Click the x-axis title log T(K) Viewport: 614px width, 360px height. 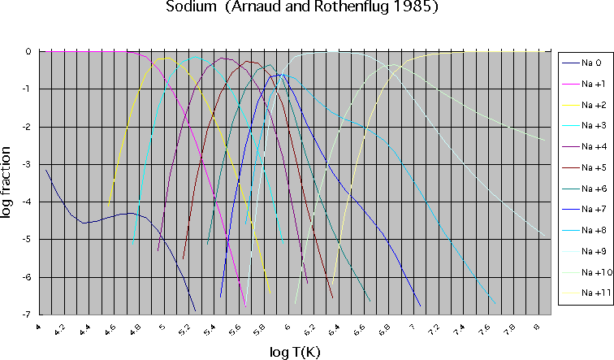pos(295,350)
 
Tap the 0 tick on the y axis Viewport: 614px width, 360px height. pos(29,51)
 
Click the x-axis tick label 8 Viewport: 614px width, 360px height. pos(537,327)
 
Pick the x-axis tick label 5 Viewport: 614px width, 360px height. pos(162,327)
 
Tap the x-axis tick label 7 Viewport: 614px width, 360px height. pos(412,327)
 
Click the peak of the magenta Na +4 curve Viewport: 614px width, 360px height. pos(223,59)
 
